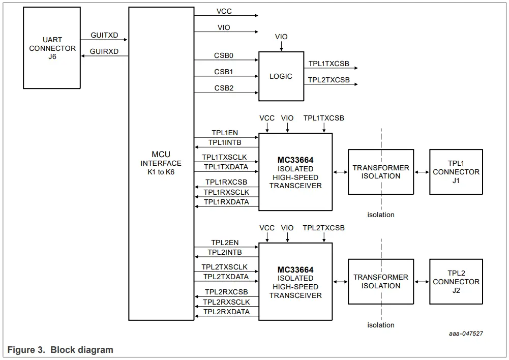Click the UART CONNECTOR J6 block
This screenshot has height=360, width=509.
click(52, 48)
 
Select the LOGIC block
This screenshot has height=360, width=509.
click(281, 76)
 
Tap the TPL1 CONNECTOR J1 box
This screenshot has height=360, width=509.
click(456, 172)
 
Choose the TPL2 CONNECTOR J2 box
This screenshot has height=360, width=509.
click(456, 282)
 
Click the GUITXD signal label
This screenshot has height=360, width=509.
click(104, 35)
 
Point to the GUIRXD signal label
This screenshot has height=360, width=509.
click(104, 51)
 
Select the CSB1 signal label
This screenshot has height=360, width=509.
click(224, 72)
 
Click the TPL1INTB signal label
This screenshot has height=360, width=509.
click(225, 142)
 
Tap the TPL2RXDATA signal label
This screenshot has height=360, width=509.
click(226, 312)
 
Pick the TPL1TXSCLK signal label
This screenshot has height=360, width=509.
click(225, 158)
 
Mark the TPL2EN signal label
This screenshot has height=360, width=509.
click(225, 243)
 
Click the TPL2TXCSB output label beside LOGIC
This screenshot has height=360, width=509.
click(328, 80)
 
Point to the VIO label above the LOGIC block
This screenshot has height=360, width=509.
click(281, 37)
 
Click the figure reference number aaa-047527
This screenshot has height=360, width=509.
click(466, 334)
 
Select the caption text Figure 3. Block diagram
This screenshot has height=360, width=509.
click(61, 350)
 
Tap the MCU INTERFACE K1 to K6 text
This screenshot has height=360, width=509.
click(161, 163)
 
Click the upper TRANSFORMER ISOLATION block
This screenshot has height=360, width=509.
click(381, 172)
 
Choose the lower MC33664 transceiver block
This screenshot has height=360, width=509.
click(295, 282)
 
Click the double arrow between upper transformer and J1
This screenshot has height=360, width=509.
click(422, 172)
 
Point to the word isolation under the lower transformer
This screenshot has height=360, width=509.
click(381, 325)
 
